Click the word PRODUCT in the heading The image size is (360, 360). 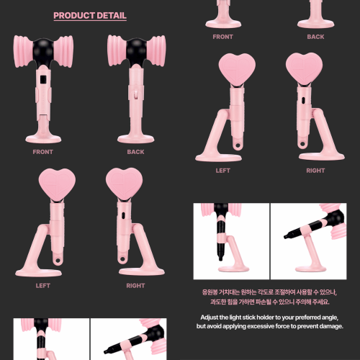pos(71,16)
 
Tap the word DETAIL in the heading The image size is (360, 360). pos(109,16)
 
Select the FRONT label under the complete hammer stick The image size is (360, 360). pos(43,152)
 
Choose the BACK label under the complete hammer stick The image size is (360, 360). pos(135,152)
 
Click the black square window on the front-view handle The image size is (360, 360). pos(43,79)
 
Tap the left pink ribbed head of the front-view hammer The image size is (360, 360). pos(23,51)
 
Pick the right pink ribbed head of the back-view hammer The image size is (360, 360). pos(156,51)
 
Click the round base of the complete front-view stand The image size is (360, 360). pos(43,139)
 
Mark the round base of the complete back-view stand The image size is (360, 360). pos(136,139)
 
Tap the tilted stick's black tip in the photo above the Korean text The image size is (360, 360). pos(287,236)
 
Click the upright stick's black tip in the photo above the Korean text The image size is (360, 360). pos(220,258)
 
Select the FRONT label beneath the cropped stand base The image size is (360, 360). pos(223,37)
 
